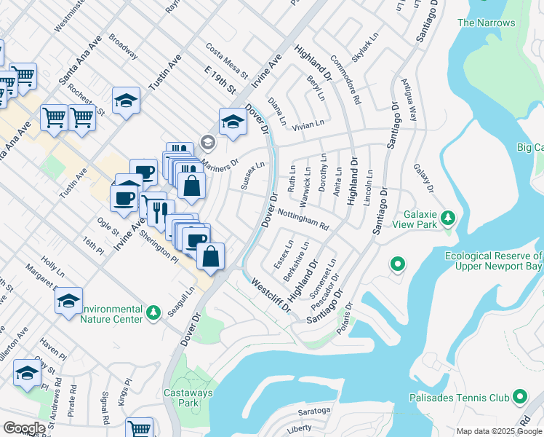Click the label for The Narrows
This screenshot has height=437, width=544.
[x=487, y=23]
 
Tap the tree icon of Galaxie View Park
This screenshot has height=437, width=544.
[x=449, y=216]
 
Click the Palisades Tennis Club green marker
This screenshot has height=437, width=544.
[x=519, y=397]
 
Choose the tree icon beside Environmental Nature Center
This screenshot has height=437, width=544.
[x=153, y=312]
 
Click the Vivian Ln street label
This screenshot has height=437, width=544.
[x=308, y=126]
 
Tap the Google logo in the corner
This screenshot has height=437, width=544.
[x=24, y=428]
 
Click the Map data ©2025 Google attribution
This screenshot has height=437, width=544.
[x=500, y=431]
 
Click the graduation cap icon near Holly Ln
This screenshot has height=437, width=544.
[x=69, y=300]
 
